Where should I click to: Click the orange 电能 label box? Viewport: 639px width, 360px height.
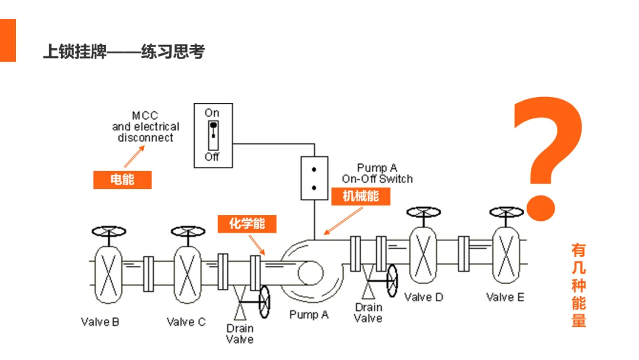(x=122, y=180)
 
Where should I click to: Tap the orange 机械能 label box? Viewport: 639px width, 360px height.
(x=361, y=197)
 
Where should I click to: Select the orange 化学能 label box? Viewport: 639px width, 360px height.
(x=247, y=224)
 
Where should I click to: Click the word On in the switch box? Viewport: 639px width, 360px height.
(x=212, y=113)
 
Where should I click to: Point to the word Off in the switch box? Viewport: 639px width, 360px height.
(x=212, y=157)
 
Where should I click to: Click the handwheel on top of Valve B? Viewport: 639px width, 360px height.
(x=109, y=232)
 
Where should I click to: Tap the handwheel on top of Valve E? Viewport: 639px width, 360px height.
(x=506, y=212)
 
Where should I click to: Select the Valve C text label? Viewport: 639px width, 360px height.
(x=186, y=322)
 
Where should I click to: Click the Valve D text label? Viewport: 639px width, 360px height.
(x=424, y=297)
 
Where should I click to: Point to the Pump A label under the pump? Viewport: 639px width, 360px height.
(x=309, y=315)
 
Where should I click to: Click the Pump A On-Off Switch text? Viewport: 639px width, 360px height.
(x=377, y=173)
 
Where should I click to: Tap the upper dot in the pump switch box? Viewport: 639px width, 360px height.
(x=314, y=169)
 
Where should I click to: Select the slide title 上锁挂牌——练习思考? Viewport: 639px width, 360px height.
(x=124, y=52)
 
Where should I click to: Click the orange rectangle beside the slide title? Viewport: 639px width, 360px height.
(x=8, y=40)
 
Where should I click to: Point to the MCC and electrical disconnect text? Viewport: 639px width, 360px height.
(x=146, y=127)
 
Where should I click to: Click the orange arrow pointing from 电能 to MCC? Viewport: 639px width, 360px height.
(x=134, y=157)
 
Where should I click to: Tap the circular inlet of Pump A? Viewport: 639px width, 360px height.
(x=311, y=273)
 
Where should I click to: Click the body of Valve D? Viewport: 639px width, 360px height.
(x=423, y=255)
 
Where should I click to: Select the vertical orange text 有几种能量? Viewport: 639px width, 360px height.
(x=579, y=285)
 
